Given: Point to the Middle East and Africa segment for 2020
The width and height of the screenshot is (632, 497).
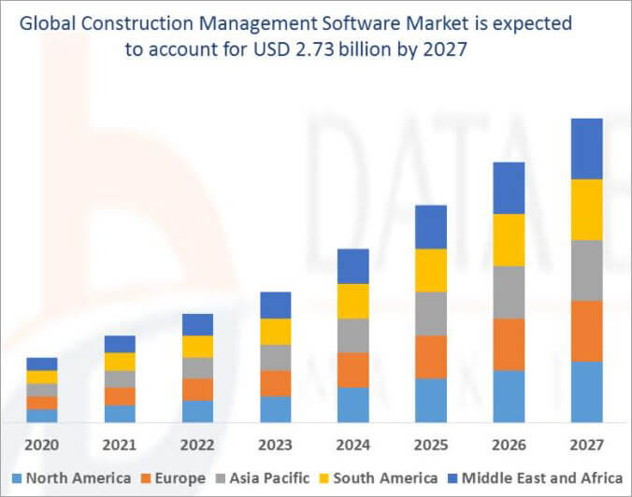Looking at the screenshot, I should click(42, 364).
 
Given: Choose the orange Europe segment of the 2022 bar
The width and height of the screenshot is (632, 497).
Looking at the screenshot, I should click(197, 390).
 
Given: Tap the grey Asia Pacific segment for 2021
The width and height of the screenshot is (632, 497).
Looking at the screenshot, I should click(120, 379).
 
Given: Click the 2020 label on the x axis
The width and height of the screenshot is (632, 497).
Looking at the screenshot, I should click(42, 444).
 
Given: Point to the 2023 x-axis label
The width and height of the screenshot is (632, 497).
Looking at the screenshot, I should click(276, 444).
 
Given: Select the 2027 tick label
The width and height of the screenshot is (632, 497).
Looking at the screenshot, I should click(587, 444).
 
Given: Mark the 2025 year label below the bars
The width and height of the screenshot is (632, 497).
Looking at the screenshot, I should click(431, 444).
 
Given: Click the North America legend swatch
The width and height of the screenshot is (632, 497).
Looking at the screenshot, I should click(16, 478).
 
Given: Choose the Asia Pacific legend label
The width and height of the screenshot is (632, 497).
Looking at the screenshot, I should click(272, 478).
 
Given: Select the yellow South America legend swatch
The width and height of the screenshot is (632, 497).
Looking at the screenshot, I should click(326, 478).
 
